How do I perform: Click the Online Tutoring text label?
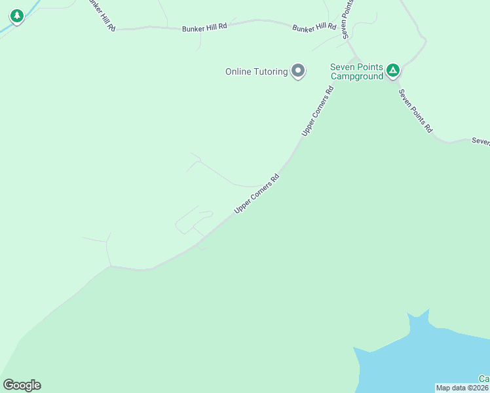[256, 71]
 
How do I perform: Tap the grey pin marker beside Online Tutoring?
[298, 70]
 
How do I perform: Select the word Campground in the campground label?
[356, 77]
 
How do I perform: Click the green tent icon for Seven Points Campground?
[392, 69]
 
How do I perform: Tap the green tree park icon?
[17, 16]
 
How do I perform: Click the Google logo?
[22, 385]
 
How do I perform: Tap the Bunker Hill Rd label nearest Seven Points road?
[314, 28]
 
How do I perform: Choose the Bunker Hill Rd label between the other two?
[204, 27]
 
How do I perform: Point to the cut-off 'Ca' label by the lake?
[483, 379]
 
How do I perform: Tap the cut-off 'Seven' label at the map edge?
[480, 141]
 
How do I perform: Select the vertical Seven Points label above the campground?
[348, 20]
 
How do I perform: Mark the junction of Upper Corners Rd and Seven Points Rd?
[354, 60]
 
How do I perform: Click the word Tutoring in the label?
[270, 71]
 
